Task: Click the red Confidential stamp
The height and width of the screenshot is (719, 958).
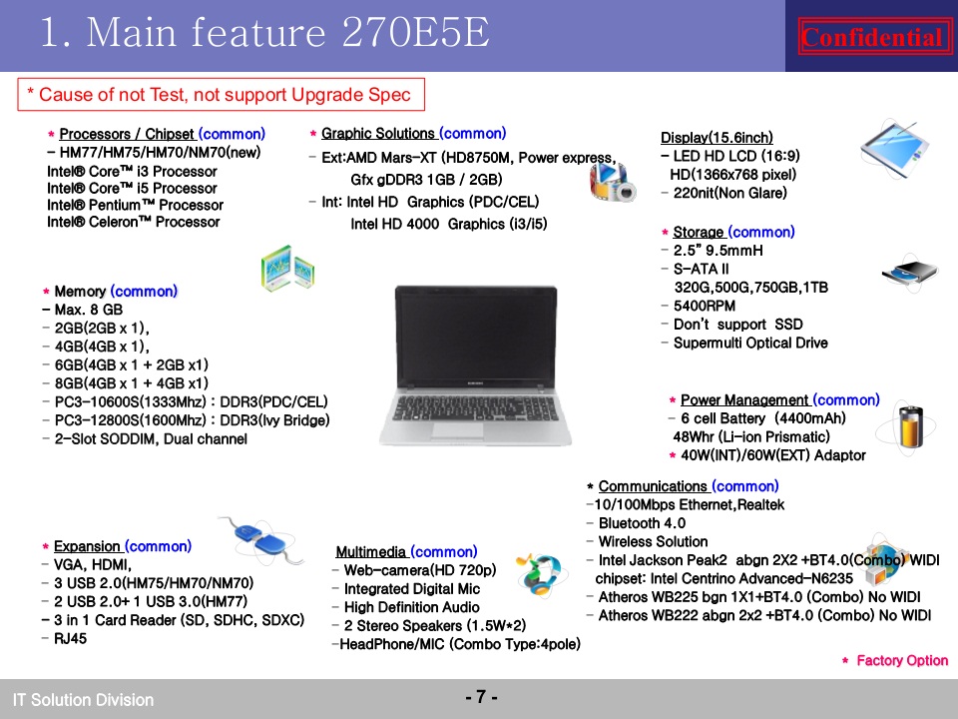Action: pos(874,37)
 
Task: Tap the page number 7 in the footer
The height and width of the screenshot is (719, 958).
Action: pos(481,697)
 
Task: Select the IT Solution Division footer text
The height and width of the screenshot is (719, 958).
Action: pos(83,699)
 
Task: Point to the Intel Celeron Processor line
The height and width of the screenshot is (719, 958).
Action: pos(133,222)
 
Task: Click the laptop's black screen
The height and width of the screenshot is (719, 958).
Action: pos(476,337)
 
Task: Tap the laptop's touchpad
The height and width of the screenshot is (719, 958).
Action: pos(458,429)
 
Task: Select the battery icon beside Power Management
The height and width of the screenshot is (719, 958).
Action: pos(909,426)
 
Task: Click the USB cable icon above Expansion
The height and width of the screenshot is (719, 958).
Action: pos(262,538)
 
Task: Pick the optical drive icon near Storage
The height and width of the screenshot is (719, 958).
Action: pos(910,272)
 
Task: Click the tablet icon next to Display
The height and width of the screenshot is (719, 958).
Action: pos(893,150)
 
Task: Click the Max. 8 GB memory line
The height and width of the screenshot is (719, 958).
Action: pos(83,310)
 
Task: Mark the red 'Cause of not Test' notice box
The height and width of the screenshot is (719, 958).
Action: pos(222,95)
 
